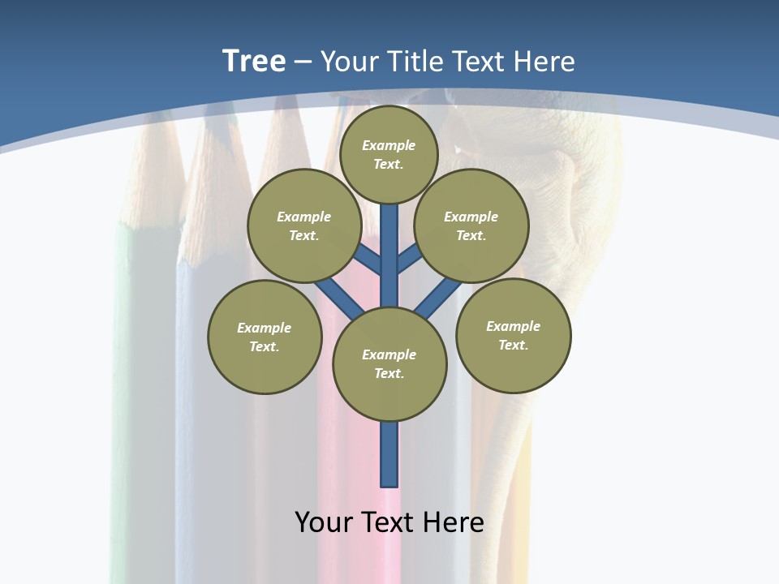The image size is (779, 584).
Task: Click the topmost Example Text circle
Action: pos(389,154)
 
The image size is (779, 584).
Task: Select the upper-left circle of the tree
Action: pos(303,225)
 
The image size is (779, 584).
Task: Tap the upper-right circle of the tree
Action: pos(471,225)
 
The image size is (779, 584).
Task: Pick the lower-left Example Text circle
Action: pos(265,337)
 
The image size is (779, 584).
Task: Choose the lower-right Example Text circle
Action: pos(513,335)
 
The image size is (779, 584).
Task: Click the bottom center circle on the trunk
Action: pos(389,363)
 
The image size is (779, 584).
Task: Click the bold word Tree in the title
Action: pos(254,61)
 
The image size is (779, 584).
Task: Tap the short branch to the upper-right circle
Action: pos(409,260)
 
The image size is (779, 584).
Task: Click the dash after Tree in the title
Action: pos(303,61)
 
